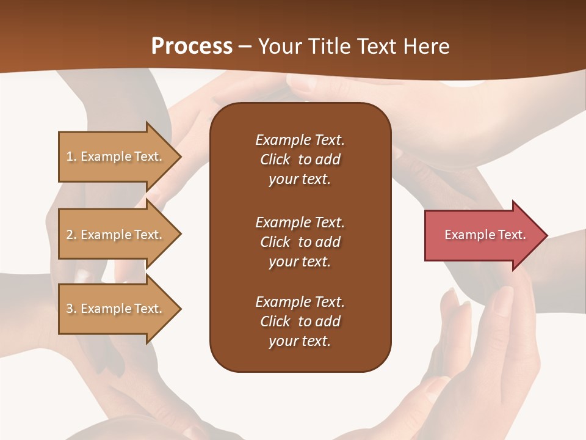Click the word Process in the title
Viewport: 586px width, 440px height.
click(x=192, y=46)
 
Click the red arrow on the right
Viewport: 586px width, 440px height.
click(x=482, y=235)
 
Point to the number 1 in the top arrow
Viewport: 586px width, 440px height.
click(x=70, y=156)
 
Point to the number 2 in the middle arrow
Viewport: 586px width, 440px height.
click(x=70, y=235)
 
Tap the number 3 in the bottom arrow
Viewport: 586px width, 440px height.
click(x=70, y=309)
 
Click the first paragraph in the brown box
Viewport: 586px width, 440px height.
click(x=300, y=159)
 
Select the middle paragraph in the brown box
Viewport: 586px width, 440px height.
click(x=300, y=242)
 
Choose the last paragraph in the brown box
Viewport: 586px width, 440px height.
click(x=300, y=321)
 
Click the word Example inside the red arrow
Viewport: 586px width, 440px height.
click(x=466, y=235)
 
